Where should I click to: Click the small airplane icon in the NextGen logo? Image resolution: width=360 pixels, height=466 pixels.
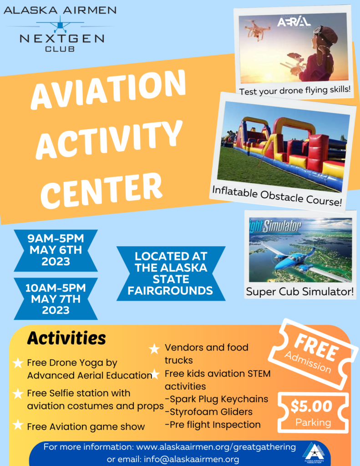[60, 25]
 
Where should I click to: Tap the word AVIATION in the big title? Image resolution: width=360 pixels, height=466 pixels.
[108, 89]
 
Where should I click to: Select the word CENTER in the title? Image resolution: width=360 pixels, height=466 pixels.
[101, 190]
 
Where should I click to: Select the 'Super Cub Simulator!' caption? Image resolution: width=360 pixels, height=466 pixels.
[300, 291]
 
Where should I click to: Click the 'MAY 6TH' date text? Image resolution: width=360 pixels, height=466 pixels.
[56, 250]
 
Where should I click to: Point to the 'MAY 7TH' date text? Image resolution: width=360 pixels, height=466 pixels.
[56, 299]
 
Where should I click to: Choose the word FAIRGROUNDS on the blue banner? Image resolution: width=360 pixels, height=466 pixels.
[170, 290]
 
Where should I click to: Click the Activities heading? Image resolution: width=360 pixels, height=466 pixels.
[66, 338]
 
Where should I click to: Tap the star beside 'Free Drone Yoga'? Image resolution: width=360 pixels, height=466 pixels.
[18, 363]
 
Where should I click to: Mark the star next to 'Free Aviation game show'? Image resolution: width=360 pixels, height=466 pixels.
[18, 425]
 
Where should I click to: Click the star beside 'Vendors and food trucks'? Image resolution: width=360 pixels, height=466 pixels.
[154, 349]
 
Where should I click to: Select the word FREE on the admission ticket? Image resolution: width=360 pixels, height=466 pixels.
[317, 347]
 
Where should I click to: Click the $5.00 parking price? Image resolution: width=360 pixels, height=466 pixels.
[311, 406]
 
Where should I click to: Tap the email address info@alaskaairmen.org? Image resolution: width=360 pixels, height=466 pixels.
[192, 459]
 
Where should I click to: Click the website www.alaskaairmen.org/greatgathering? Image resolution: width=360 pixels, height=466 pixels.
[216, 447]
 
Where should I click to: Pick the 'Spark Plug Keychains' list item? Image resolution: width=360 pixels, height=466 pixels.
[217, 399]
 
